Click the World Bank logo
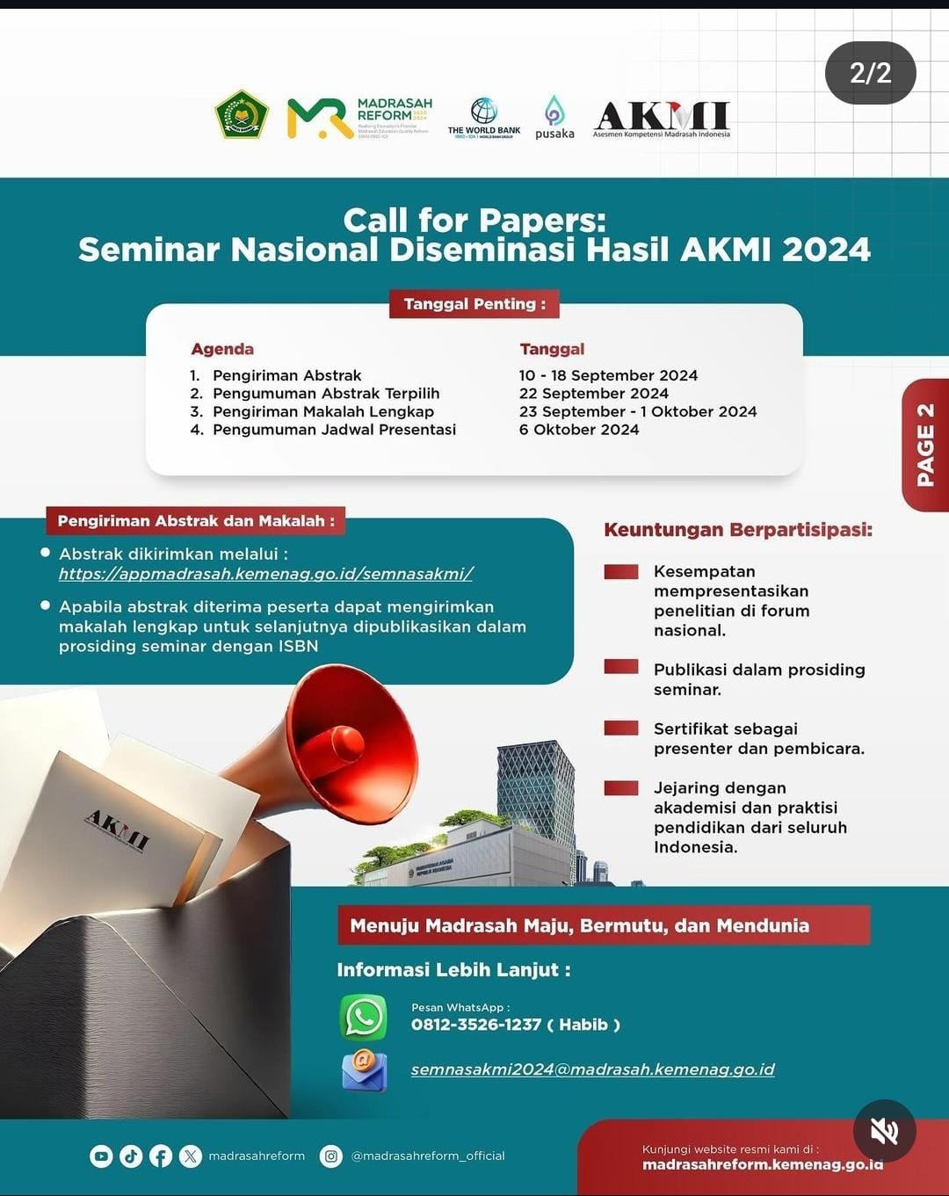(x=483, y=118)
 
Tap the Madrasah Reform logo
(x=359, y=118)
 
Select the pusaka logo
(x=554, y=118)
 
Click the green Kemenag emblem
(x=242, y=115)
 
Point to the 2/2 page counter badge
(x=870, y=73)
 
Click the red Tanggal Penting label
(x=474, y=304)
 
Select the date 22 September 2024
(x=594, y=394)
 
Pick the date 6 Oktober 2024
(x=579, y=430)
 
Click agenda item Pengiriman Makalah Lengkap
(x=322, y=411)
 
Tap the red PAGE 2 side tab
(x=925, y=445)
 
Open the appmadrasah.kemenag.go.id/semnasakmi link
(x=265, y=574)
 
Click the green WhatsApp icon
(x=364, y=1018)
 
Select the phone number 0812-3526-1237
(x=476, y=1025)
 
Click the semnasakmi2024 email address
(x=592, y=1069)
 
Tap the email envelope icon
(x=364, y=1071)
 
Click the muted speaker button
(x=884, y=1131)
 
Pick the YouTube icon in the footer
(x=102, y=1156)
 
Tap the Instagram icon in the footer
(x=331, y=1156)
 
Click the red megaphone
(x=338, y=747)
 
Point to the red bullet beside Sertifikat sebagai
(x=621, y=728)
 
